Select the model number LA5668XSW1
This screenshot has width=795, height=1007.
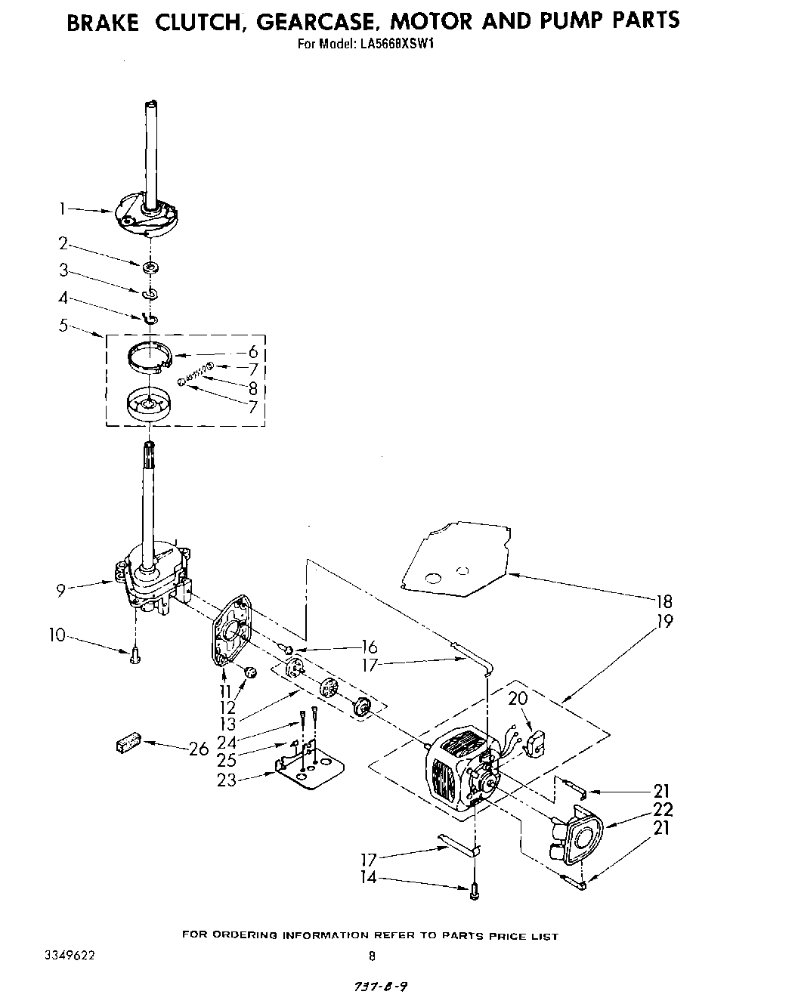(396, 43)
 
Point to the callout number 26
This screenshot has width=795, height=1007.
(198, 749)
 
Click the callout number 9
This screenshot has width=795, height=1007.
(60, 592)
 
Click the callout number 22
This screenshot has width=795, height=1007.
(661, 809)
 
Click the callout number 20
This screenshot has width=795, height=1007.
(518, 699)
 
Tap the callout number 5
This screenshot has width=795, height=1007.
(63, 326)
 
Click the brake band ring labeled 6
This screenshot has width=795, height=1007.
(150, 356)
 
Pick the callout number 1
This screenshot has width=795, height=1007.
(63, 209)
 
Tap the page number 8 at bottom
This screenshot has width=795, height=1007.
(371, 956)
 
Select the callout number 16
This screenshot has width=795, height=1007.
(369, 647)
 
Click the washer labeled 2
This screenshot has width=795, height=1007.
(150, 267)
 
